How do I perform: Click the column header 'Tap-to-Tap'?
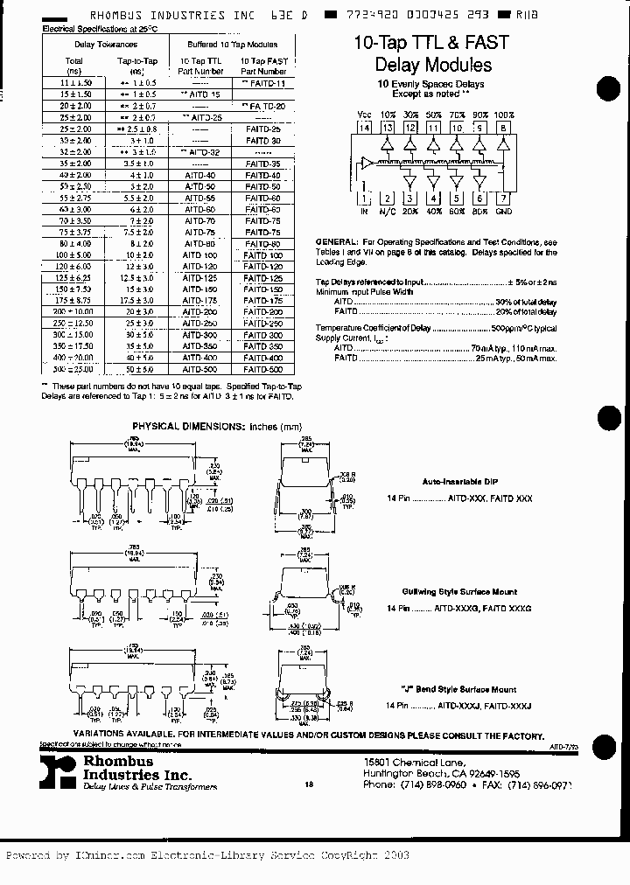pyautogui.click(x=136, y=61)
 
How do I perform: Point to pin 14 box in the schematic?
pyautogui.click(x=365, y=128)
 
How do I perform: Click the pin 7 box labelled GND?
pyautogui.click(x=503, y=199)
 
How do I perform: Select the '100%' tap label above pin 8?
pyautogui.click(x=504, y=115)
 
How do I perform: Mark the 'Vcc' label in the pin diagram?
pyautogui.click(x=365, y=115)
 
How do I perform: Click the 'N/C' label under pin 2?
pyautogui.click(x=388, y=212)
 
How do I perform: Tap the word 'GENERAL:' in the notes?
pyautogui.click(x=336, y=240)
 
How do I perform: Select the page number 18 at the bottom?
pyautogui.click(x=309, y=784)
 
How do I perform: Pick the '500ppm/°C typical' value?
pyautogui.click(x=524, y=327)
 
